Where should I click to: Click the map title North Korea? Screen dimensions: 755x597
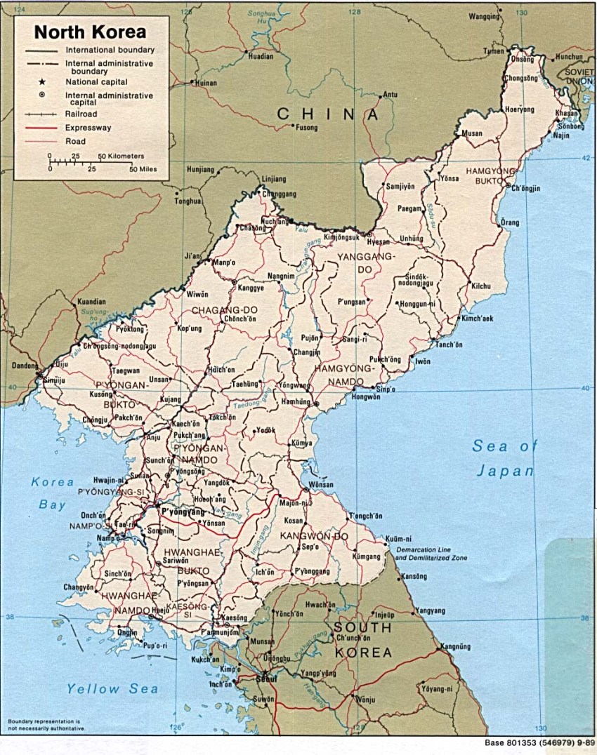click(x=91, y=32)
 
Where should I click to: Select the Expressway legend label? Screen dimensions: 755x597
click(x=88, y=128)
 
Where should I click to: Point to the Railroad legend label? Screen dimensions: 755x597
click(x=81, y=114)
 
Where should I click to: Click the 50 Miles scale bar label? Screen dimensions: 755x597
click(x=143, y=169)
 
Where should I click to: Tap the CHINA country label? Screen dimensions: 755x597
click(x=327, y=114)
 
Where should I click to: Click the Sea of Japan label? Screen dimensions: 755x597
click(x=504, y=457)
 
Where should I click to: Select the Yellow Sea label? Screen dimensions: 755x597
click(x=112, y=689)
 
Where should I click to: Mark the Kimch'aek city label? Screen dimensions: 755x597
click(x=478, y=318)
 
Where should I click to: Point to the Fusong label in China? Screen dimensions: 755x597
click(x=307, y=128)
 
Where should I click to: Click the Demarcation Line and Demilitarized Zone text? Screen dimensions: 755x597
click(x=431, y=553)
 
